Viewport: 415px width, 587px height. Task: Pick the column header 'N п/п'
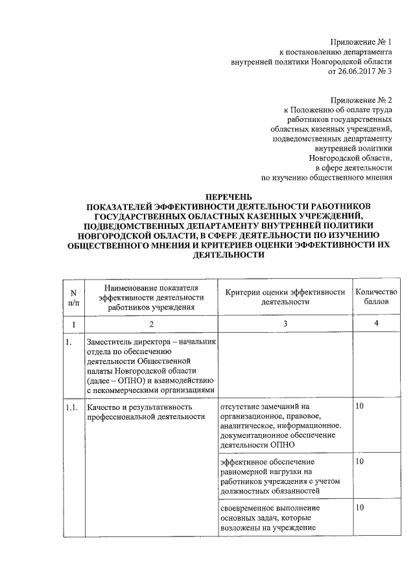pos(74,298)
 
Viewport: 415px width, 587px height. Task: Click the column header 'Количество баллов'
pos(376,297)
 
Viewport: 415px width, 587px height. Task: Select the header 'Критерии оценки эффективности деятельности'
pos(285,297)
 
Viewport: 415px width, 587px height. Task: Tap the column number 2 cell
pos(152,324)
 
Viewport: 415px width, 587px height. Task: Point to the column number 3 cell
pos(285,324)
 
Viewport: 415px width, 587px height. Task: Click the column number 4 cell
pos(376,324)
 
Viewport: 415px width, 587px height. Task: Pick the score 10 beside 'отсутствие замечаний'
pos(359,407)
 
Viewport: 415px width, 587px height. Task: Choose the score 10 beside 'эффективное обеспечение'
pos(359,461)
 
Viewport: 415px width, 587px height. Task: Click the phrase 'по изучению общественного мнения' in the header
pos(327,176)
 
